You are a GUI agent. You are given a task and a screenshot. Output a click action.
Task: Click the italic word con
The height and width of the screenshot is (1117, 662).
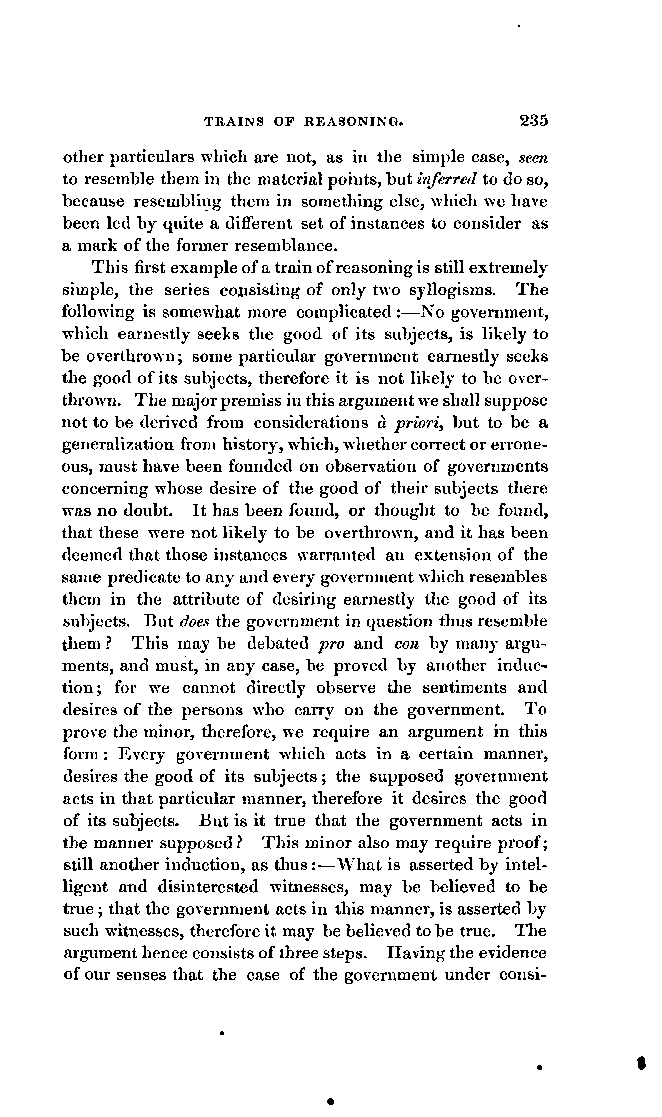tap(405, 643)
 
